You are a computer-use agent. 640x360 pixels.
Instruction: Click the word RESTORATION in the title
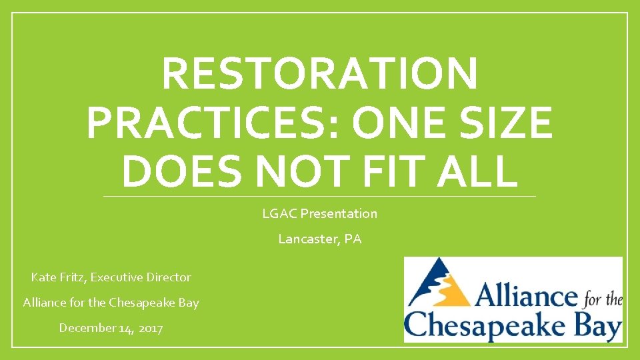319,73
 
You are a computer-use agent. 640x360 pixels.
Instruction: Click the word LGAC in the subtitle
279,213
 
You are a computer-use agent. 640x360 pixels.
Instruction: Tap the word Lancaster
309,239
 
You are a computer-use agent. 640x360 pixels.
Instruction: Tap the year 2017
150,327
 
